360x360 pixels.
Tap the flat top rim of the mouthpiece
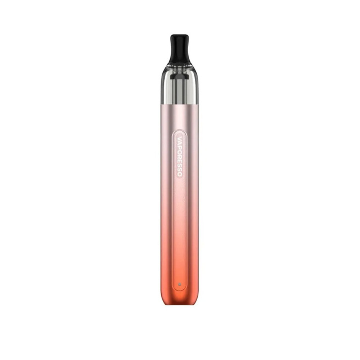(x=179, y=35)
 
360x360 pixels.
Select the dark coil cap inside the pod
(x=179, y=76)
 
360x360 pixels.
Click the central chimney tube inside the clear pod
(x=179, y=92)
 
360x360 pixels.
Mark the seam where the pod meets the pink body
(x=179, y=105)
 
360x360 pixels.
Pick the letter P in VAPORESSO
(x=180, y=146)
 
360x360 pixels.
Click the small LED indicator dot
(x=179, y=285)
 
